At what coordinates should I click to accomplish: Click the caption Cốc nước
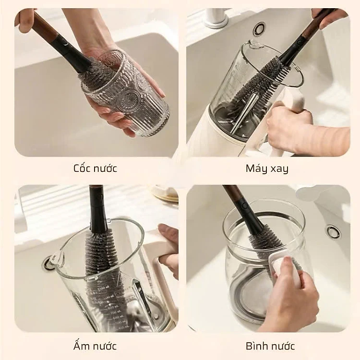tap(96, 168)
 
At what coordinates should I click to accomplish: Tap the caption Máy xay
tap(267, 169)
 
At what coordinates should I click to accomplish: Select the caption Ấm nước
tap(95, 346)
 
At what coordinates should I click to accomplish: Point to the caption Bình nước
tap(270, 346)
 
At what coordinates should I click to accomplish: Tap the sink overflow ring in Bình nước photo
tap(334, 232)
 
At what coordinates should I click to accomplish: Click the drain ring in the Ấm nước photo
tap(48, 263)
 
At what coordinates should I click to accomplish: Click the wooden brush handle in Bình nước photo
tap(232, 193)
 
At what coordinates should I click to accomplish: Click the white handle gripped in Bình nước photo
tap(279, 266)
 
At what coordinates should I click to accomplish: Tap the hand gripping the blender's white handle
tap(299, 129)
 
